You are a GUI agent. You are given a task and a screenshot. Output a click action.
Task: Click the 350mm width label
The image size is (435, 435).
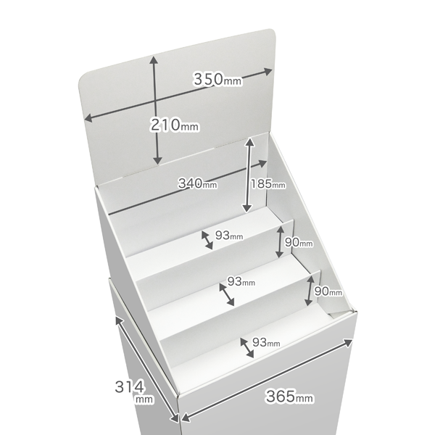click(217, 79)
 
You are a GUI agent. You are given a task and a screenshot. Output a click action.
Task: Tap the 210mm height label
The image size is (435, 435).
click(175, 125)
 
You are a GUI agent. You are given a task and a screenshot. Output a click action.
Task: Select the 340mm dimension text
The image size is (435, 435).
click(197, 183)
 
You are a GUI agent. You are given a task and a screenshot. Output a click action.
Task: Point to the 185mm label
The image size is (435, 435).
click(268, 183)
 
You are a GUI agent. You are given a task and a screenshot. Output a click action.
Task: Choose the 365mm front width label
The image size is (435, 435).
click(289, 396)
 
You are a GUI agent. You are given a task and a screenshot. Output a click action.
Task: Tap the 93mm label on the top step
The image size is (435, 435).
click(229, 236)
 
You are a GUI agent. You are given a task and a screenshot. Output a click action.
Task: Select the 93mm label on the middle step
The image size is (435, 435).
click(241, 281)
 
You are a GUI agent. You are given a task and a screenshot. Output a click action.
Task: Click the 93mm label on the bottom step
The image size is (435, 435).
click(266, 343)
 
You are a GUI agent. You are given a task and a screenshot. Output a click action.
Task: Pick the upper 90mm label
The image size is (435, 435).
click(299, 242)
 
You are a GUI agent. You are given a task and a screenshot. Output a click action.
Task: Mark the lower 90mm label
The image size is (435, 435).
click(328, 291)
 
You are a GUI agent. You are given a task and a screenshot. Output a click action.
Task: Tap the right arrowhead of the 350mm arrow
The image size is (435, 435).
click(268, 72)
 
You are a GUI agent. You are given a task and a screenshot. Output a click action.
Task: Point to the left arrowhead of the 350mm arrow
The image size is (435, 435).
click(88, 118)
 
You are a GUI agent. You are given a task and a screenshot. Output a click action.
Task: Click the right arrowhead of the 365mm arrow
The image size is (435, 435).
click(348, 342)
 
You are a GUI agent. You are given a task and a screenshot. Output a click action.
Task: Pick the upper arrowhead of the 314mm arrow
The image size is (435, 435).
click(119, 320)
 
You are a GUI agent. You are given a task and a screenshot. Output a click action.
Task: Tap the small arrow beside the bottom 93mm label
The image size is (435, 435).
click(247, 348)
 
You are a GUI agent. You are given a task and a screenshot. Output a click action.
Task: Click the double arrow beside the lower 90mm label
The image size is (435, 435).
click(310, 291)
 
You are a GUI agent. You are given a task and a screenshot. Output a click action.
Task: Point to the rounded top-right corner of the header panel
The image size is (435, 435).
click(273, 32)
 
